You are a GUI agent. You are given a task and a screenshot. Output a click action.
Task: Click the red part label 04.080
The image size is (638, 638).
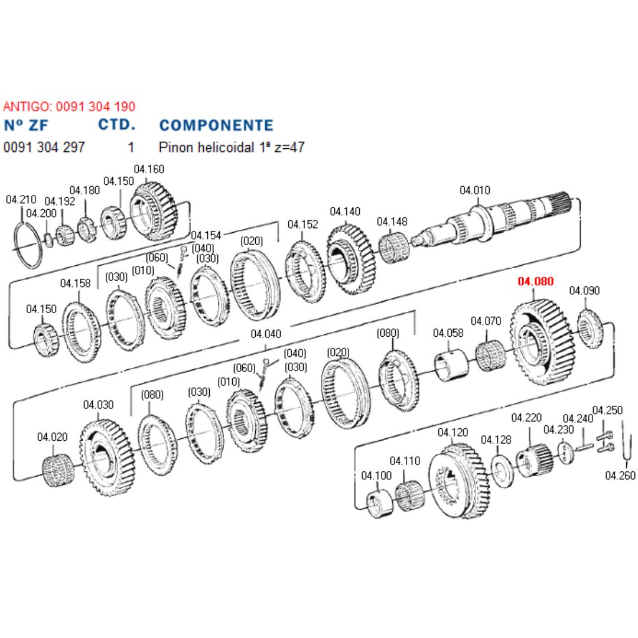536,281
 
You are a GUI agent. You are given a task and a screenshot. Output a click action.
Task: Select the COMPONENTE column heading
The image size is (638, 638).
216,125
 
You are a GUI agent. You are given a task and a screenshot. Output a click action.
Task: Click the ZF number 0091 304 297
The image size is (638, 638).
44,147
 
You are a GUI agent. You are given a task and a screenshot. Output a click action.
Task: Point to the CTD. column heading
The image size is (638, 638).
116,125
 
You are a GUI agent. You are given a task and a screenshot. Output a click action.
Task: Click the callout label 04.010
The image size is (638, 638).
475,190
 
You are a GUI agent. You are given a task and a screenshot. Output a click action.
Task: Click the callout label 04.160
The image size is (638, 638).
149,169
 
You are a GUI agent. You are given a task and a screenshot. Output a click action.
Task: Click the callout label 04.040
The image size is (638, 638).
266,334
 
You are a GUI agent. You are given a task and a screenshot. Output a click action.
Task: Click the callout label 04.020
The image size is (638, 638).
53,437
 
